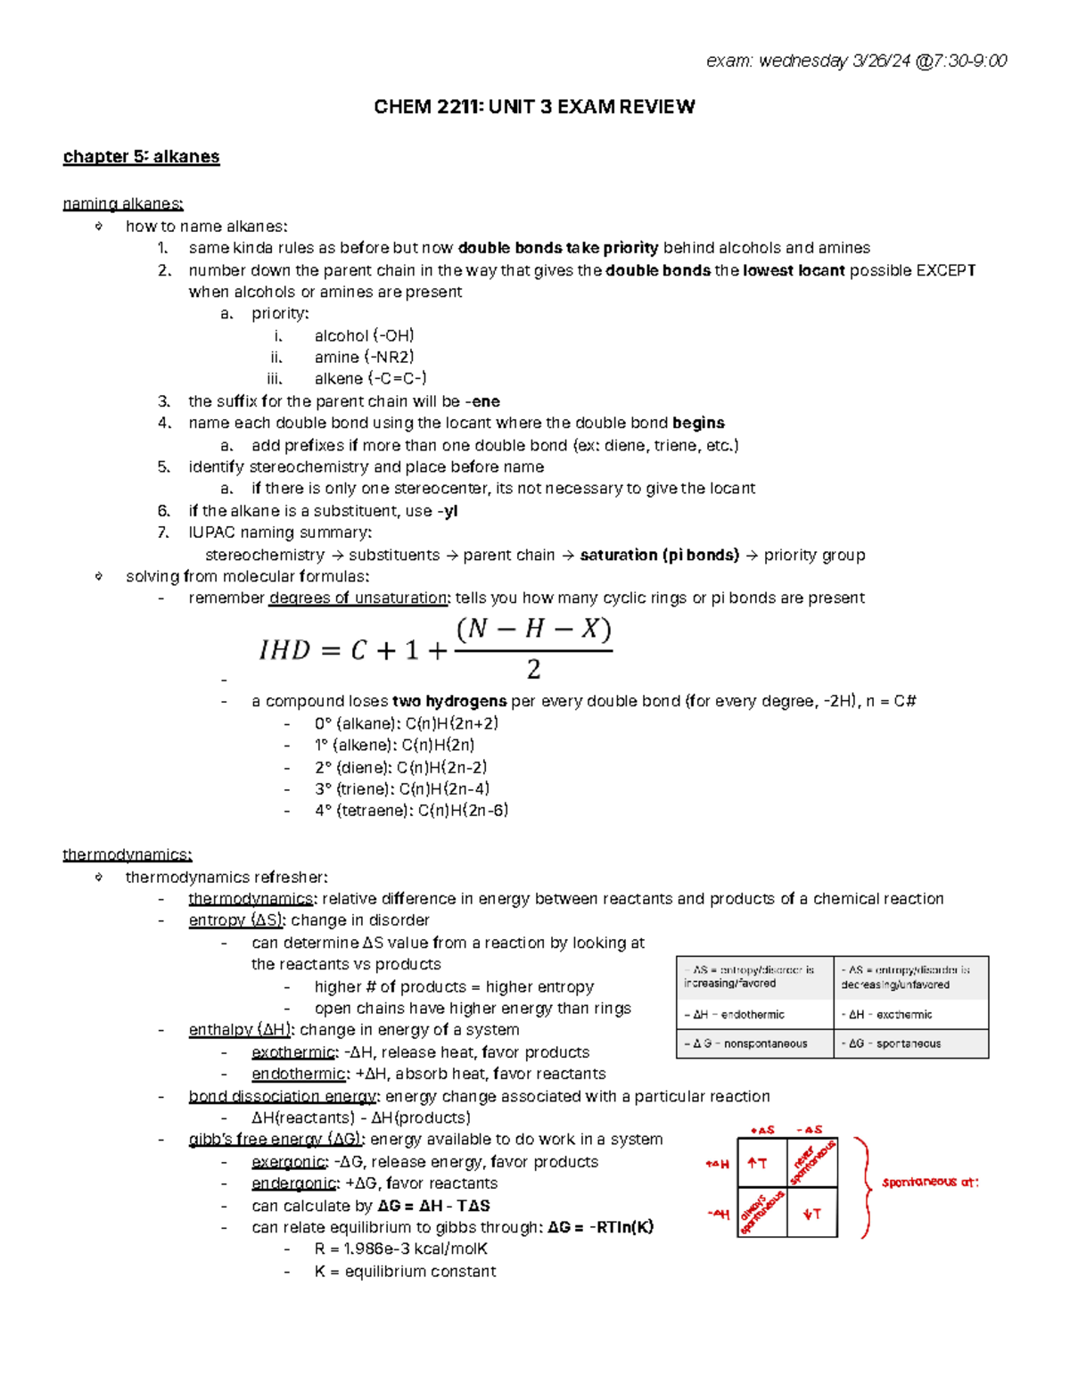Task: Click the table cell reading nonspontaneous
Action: tap(754, 1043)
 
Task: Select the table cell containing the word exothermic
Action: tap(910, 1015)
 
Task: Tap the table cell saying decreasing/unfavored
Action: tap(910, 977)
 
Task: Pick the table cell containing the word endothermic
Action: tap(754, 1015)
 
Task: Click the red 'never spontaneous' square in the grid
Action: tap(812, 1162)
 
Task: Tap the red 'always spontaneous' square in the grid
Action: tap(762, 1212)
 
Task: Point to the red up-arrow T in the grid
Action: tap(758, 1163)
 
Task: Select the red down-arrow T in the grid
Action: tap(811, 1214)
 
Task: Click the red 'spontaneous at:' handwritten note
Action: tap(930, 1183)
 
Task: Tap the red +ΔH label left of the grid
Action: tap(718, 1164)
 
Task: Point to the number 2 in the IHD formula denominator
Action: tap(533, 669)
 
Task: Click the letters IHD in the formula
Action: tap(284, 650)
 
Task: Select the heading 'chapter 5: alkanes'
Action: tap(141, 157)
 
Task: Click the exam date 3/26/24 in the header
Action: tap(880, 61)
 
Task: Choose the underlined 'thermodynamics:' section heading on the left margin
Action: tap(127, 854)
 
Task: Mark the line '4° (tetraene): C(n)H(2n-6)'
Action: tap(411, 811)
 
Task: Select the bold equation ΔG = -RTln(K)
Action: tap(601, 1227)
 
